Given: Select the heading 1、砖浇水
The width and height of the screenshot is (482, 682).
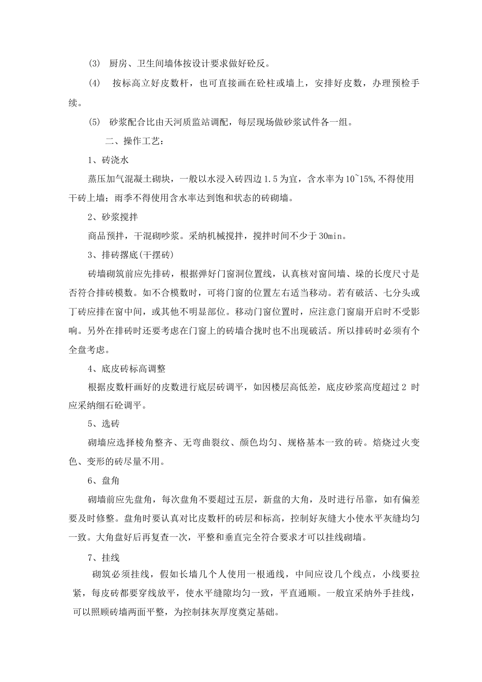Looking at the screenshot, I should (x=108, y=160).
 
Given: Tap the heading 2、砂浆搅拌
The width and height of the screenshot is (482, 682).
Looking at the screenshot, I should (x=113, y=217).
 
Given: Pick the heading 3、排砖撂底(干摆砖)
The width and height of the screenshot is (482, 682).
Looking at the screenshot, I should (x=131, y=255).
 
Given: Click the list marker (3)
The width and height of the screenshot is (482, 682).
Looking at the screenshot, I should (x=95, y=64).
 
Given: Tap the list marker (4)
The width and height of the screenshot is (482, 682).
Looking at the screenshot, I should (x=95, y=83).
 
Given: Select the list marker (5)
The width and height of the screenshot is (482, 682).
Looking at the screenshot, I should (x=95, y=122).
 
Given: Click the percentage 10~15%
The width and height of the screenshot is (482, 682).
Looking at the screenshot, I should (x=360, y=179).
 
